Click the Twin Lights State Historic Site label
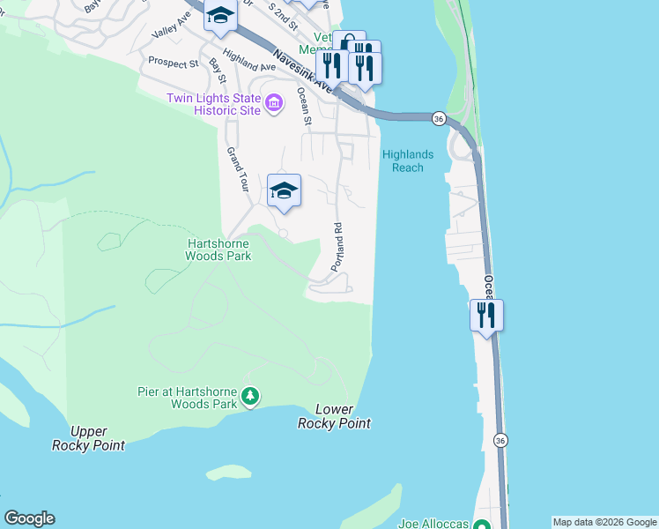point(214,104)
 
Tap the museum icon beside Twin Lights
point(273,105)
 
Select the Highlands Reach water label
point(407,160)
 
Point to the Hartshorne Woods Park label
point(218,250)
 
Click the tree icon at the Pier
point(251,398)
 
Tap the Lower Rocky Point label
point(334,416)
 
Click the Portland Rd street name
point(337,247)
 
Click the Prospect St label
point(174,63)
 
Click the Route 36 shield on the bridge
point(438,118)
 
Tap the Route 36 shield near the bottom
point(500,440)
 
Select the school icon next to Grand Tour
point(284,190)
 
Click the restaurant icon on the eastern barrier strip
point(486,315)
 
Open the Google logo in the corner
point(29,518)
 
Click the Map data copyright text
point(604,522)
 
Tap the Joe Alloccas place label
point(433,522)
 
